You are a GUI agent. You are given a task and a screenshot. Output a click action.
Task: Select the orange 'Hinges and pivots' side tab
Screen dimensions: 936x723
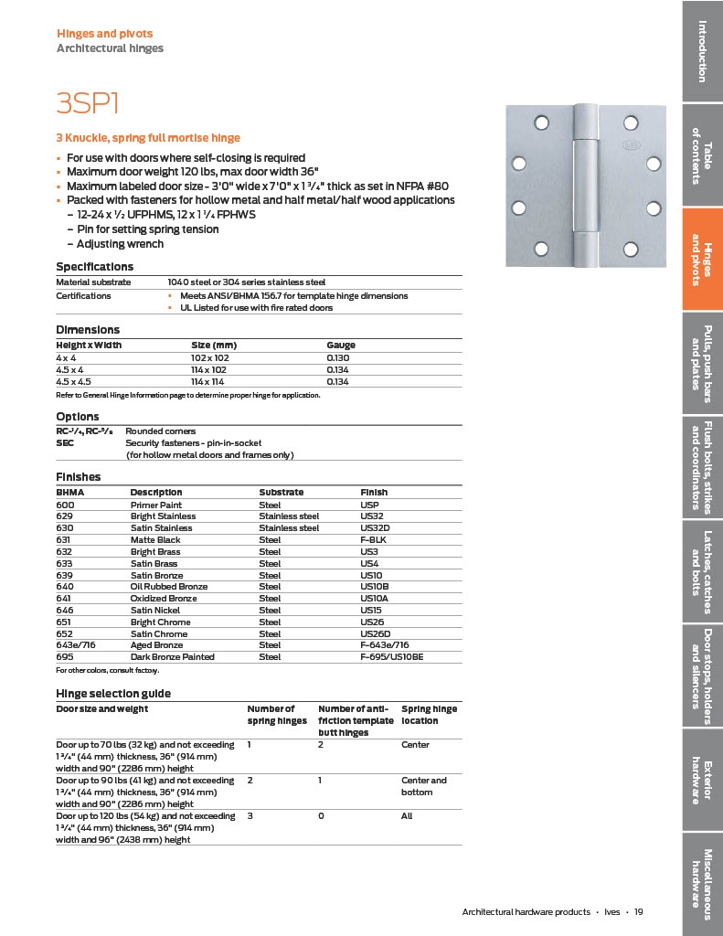point(702,259)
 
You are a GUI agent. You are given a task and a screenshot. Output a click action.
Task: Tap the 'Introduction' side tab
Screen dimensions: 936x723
point(702,50)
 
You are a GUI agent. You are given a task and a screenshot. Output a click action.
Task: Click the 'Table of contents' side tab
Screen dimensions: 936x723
point(702,155)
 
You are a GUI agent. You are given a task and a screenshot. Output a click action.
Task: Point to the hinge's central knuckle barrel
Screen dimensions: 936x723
point(582,185)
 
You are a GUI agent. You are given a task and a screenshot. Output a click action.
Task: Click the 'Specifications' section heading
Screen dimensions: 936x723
point(95,266)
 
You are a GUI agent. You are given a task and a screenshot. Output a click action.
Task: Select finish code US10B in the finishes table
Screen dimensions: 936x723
point(377,587)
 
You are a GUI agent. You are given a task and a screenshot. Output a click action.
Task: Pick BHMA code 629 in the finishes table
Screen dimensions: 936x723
point(65,516)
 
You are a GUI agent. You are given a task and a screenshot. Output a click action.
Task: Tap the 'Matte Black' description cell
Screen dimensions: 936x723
point(154,540)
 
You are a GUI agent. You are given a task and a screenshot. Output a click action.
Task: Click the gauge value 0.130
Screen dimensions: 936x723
point(339,357)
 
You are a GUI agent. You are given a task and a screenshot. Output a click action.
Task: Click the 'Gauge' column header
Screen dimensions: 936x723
point(341,346)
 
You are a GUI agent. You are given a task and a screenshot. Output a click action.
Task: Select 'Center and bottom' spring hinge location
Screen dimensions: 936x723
point(424,786)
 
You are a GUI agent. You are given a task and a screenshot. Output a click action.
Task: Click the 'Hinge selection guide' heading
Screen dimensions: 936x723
point(113,694)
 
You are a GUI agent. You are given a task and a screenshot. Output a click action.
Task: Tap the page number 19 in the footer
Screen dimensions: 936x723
point(639,911)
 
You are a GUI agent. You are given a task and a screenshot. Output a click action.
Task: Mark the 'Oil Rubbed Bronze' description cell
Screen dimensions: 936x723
point(169,587)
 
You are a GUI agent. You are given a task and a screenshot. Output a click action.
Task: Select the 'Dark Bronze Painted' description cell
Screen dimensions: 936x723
point(173,657)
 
